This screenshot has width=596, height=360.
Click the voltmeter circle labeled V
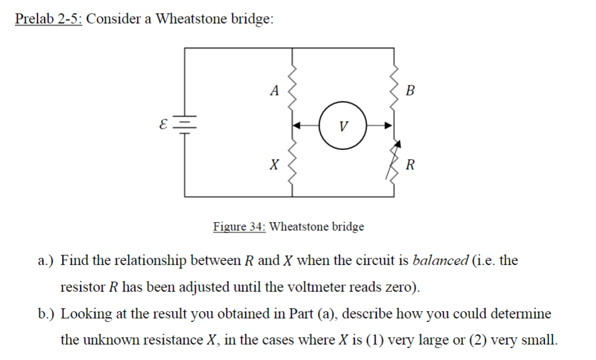click(342, 125)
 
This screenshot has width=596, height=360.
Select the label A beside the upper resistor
click(273, 91)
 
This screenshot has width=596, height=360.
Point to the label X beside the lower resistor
click(273, 164)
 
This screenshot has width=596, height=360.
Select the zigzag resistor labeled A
click(292, 86)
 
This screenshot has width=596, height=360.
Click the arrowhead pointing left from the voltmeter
click(298, 125)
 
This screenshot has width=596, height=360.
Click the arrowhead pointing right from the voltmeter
click(388, 125)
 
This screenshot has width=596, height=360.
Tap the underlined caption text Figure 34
click(239, 226)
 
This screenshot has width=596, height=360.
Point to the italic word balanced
click(439, 260)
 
